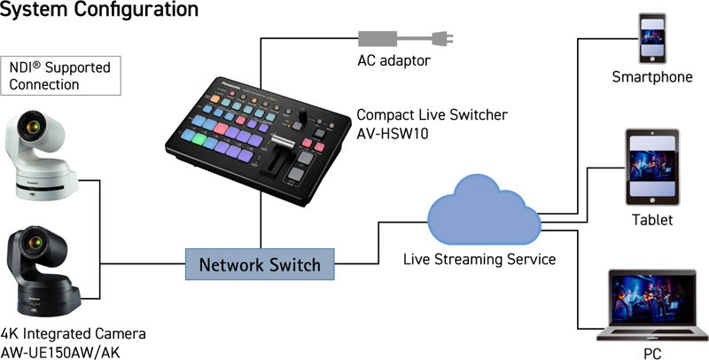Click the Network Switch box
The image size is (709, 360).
260,264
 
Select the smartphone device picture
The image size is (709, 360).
652,38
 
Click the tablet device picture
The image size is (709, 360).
652,167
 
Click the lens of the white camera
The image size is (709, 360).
33,127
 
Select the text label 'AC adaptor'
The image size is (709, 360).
393,60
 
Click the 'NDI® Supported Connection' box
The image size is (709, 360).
60,75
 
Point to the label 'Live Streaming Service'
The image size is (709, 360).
479,259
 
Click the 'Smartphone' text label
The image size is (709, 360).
652,77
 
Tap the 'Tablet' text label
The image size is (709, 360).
652,220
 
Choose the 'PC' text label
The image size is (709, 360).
652,353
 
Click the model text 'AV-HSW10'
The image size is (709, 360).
393,133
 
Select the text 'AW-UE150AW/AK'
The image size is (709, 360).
60,352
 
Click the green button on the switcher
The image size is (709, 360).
199,138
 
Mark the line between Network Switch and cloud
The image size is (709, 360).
379,243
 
